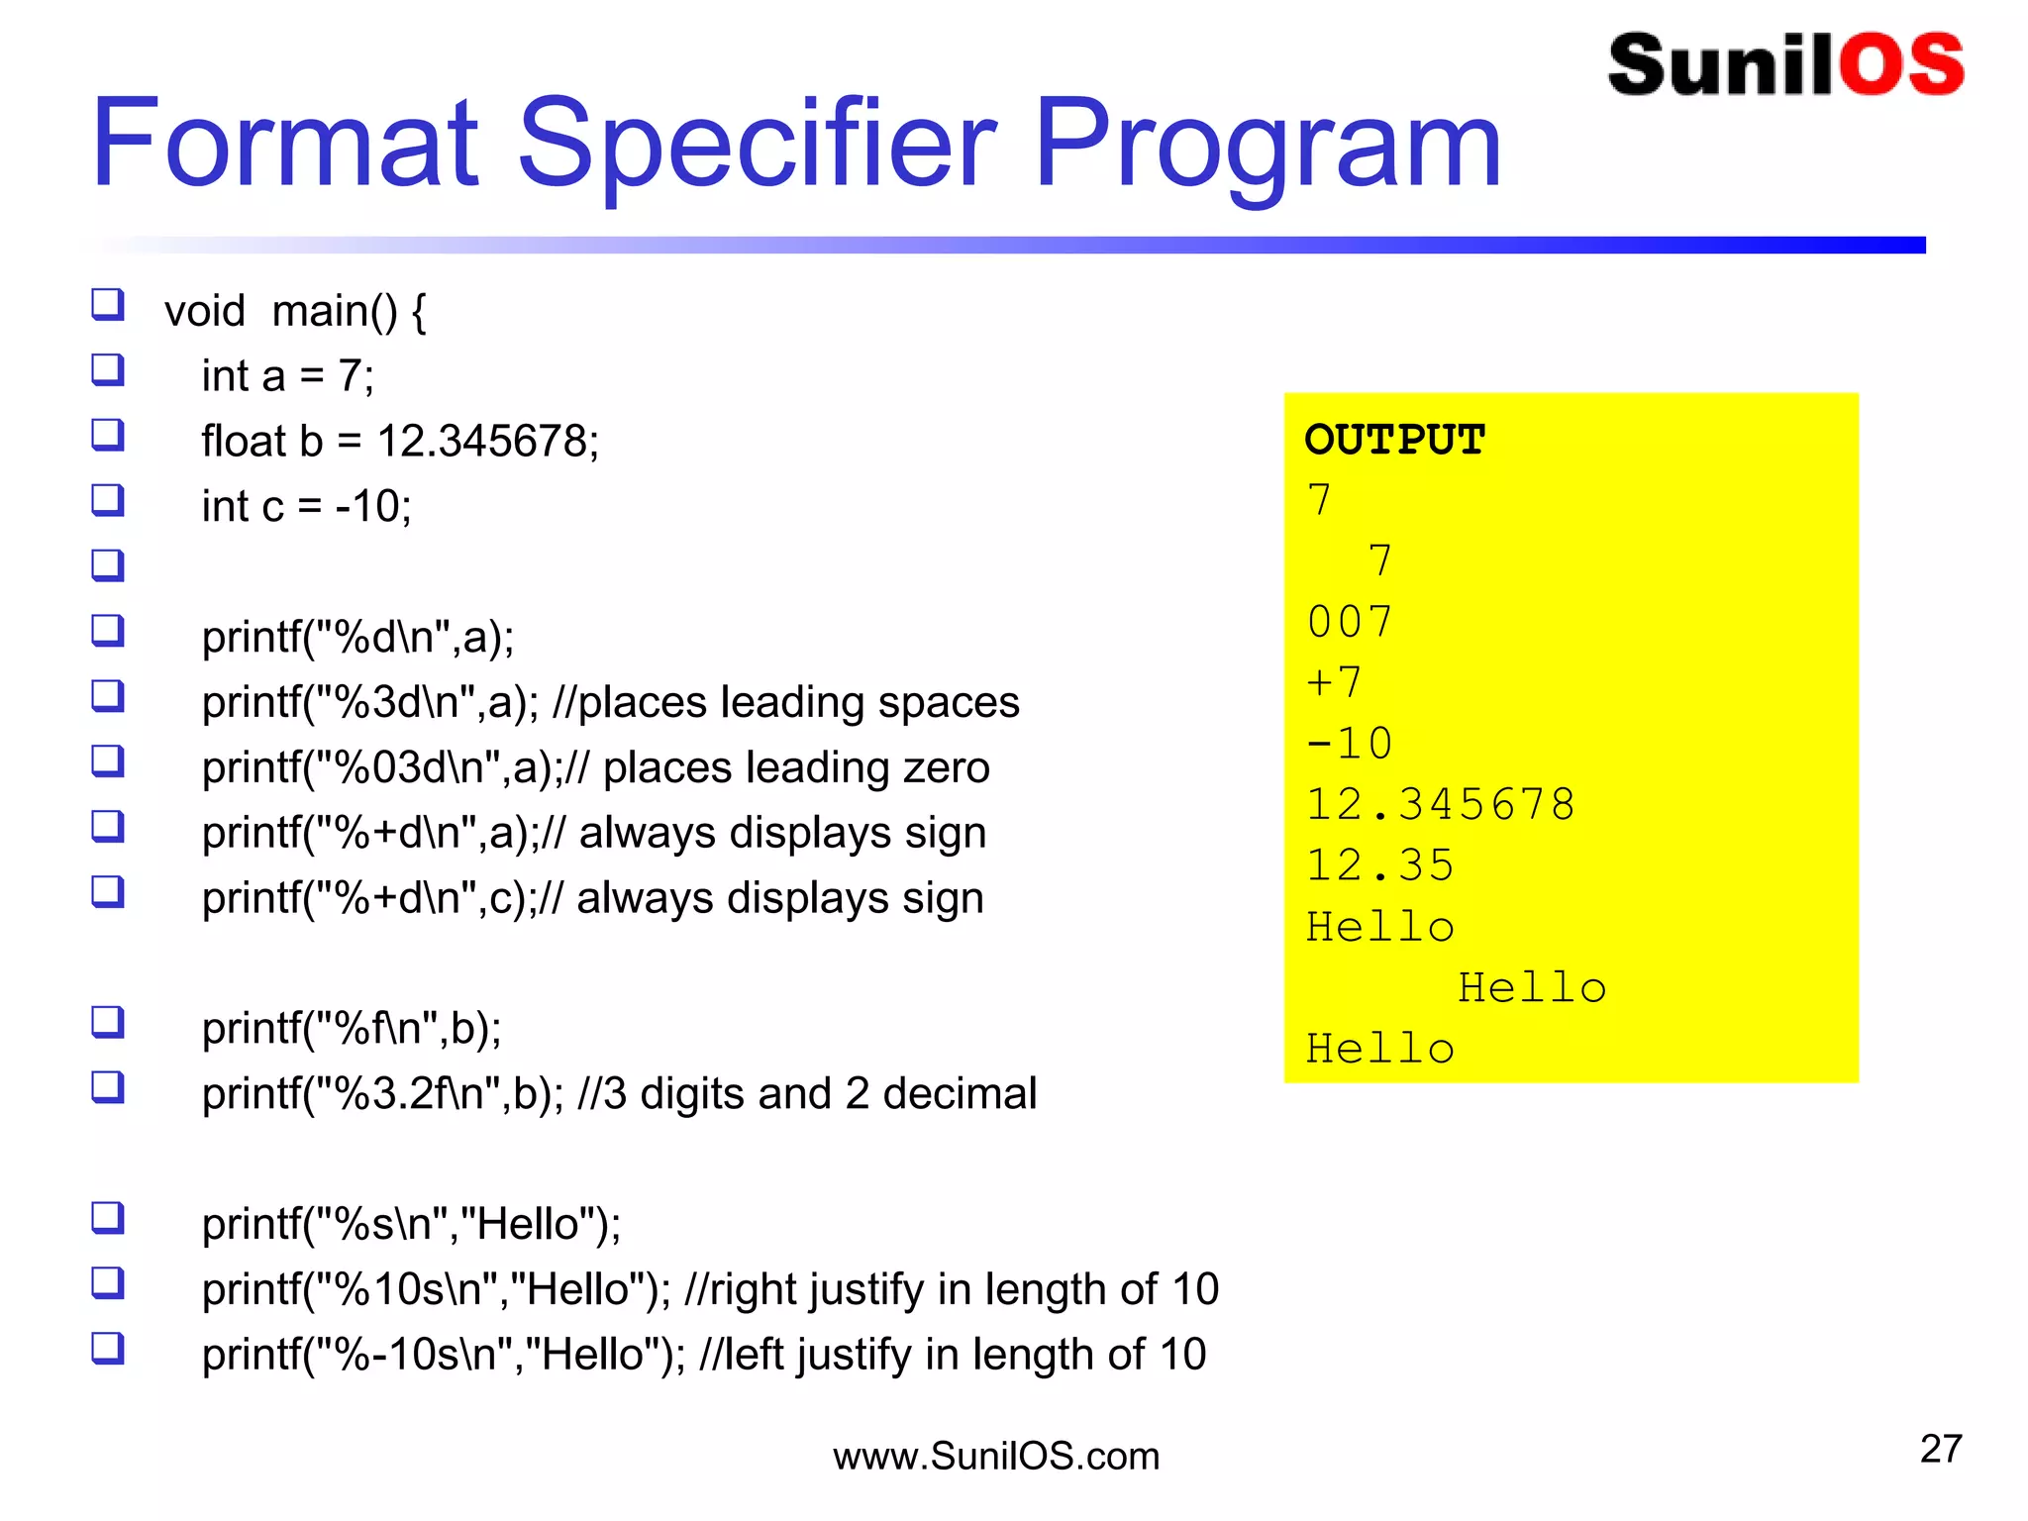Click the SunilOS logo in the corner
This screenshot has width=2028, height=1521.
tap(1785, 65)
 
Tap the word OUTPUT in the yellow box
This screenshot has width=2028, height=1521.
tap(1394, 440)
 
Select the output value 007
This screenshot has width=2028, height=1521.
tap(1350, 623)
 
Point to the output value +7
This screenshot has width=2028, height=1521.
tap(1335, 683)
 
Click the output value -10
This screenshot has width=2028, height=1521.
tap(1350, 744)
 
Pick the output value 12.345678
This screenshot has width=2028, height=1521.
tap(1441, 805)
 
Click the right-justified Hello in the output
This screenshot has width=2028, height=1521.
tap(1532, 988)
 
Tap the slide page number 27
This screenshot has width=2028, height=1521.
tap(1941, 1449)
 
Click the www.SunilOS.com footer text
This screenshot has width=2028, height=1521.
tap(996, 1457)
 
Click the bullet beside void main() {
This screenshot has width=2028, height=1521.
tap(108, 304)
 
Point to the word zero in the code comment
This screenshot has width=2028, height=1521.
tap(946, 768)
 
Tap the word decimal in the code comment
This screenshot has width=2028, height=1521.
tap(960, 1094)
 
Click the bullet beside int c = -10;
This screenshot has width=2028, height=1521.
tap(108, 500)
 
